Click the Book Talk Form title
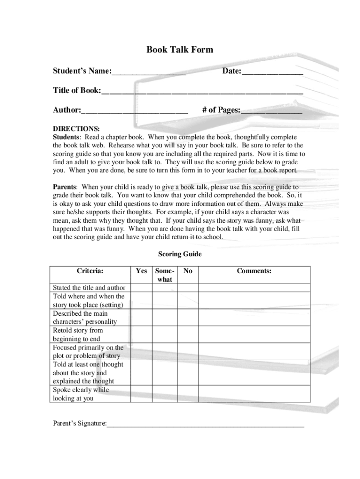pyautogui.click(x=180, y=50)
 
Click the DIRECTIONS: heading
pyautogui.click(x=76, y=128)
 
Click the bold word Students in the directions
pyautogui.click(x=66, y=137)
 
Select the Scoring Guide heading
pyautogui.click(x=180, y=254)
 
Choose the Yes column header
pyautogui.click(x=141, y=271)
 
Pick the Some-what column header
pyautogui.click(x=165, y=275)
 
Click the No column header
pyautogui.click(x=188, y=271)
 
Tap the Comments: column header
pyautogui.click(x=254, y=271)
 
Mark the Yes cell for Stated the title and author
pyautogui.click(x=141, y=288)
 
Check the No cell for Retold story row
pyautogui.click(x=188, y=334)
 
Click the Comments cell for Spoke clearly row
pyautogui.click(x=254, y=394)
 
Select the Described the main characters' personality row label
pyautogui.click(x=85, y=318)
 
